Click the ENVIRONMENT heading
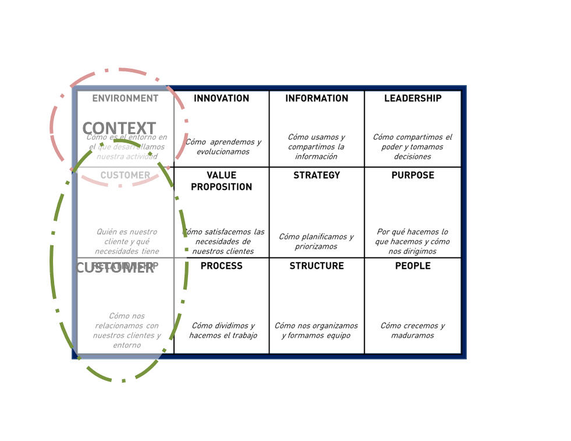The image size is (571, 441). point(125,98)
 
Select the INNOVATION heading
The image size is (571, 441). point(221,98)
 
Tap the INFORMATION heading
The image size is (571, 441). point(317,98)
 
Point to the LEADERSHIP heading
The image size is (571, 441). point(413,98)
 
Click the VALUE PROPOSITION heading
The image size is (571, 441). point(221,181)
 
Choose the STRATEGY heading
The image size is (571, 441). point(317,175)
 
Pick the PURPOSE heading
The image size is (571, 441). point(413,175)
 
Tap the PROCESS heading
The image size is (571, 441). point(221,266)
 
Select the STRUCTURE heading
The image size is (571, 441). point(317,266)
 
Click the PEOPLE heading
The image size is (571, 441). point(413,266)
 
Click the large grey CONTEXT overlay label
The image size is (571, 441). point(119,128)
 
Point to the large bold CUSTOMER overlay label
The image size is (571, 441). point(115,268)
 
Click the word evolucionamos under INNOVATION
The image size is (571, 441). point(223,152)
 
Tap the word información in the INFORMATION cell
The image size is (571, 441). point(316,157)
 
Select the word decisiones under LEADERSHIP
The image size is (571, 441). point(412,157)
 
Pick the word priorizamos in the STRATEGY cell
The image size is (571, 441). point(316,246)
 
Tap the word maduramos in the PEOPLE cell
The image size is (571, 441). point(412,336)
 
